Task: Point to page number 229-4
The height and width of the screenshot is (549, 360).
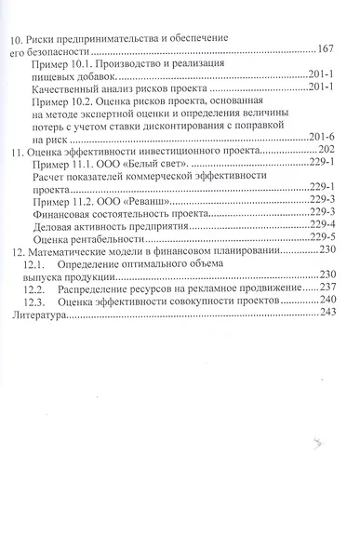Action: click(319, 223)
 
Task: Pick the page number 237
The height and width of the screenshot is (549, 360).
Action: click(325, 288)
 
